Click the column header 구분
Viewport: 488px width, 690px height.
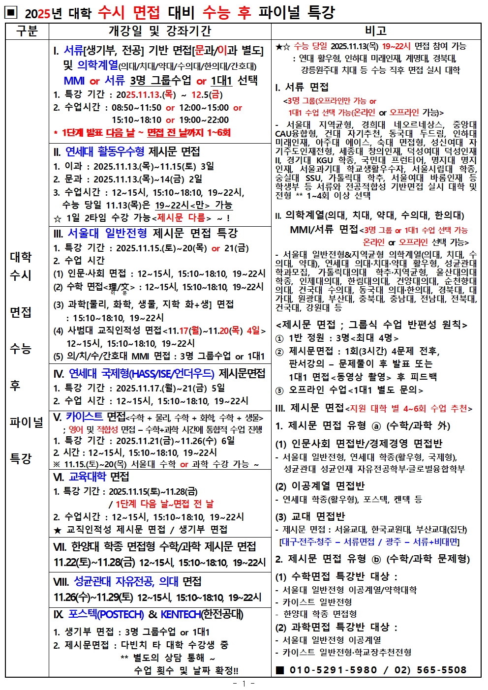[x=27, y=31]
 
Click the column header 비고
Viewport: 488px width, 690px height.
[x=376, y=31]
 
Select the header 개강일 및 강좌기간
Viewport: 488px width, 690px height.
[x=159, y=31]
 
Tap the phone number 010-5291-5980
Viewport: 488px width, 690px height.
[x=333, y=670]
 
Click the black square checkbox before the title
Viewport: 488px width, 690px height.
[x=12, y=12]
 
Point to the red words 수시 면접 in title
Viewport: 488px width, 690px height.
[x=128, y=12]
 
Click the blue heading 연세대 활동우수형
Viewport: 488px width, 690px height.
[x=105, y=151]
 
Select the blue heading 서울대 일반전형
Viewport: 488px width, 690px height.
[x=107, y=233]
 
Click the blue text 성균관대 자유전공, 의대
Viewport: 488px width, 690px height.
[x=126, y=581]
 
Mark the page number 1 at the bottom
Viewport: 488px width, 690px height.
[x=244, y=683]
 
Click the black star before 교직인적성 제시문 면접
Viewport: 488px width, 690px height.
[x=58, y=530]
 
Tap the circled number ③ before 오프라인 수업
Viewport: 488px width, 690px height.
[x=279, y=390]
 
